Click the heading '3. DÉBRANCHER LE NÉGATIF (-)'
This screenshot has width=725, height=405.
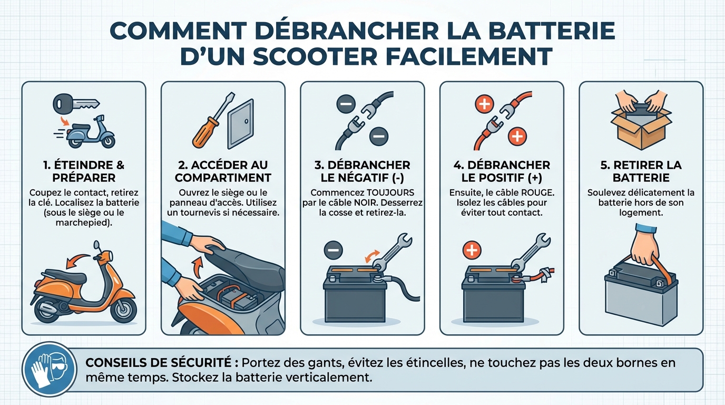click(362, 171)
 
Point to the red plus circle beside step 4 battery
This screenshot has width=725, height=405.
click(472, 249)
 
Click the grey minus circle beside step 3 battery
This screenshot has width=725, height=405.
click(333, 249)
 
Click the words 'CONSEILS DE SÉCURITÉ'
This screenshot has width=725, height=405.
click(158, 363)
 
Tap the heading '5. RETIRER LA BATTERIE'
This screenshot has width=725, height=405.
click(641, 171)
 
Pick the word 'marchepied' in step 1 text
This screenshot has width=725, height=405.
click(84, 223)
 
